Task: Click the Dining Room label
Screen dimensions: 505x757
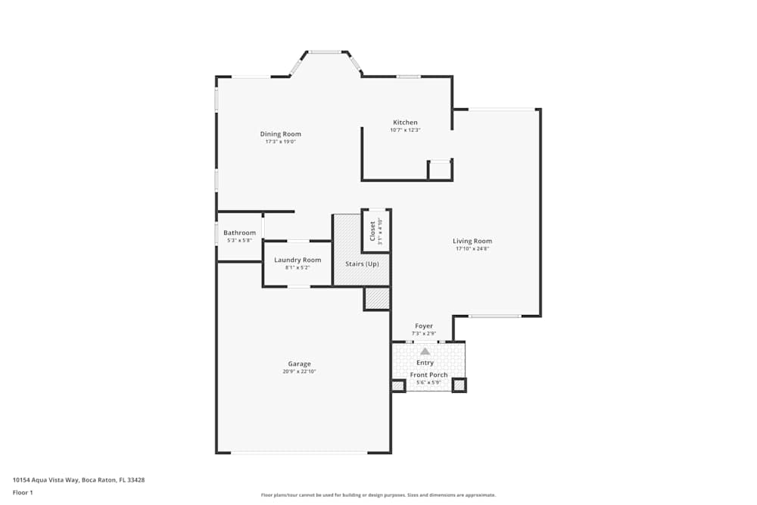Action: pyautogui.click(x=280, y=134)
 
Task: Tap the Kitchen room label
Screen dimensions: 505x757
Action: pyautogui.click(x=405, y=123)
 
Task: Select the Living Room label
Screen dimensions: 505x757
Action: pyautogui.click(x=473, y=242)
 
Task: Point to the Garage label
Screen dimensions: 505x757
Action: pyautogui.click(x=299, y=364)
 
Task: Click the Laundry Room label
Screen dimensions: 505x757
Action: pyautogui.click(x=298, y=260)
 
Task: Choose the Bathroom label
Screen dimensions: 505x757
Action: pyautogui.click(x=239, y=232)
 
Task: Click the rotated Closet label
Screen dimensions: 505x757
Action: pyautogui.click(x=372, y=231)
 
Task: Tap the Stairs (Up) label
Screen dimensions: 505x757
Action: pyautogui.click(x=362, y=264)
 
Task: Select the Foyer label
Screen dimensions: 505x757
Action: pyautogui.click(x=424, y=326)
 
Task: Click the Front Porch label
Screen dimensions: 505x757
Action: pyautogui.click(x=428, y=375)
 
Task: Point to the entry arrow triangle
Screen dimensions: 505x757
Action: pyautogui.click(x=425, y=351)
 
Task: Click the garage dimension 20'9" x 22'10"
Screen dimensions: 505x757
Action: pyautogui.click(x=299, y=372)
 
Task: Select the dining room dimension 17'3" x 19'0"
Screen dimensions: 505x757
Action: pyautogui.click(x=280, y=142)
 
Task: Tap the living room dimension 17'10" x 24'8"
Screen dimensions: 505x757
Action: pyautogui.click(x=473, y=249)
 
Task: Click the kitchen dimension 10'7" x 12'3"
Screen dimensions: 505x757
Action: pyautogui.click(x=405, y=130)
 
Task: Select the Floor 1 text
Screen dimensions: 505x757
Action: pyautogui.click(x=23, y=492)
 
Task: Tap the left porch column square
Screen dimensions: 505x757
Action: pyautogui.click(x=398, y=386)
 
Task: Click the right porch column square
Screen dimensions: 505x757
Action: pyautogui.click(x=459, y=386)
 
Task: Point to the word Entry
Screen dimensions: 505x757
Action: pyautogui.click(x=425, y=363)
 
